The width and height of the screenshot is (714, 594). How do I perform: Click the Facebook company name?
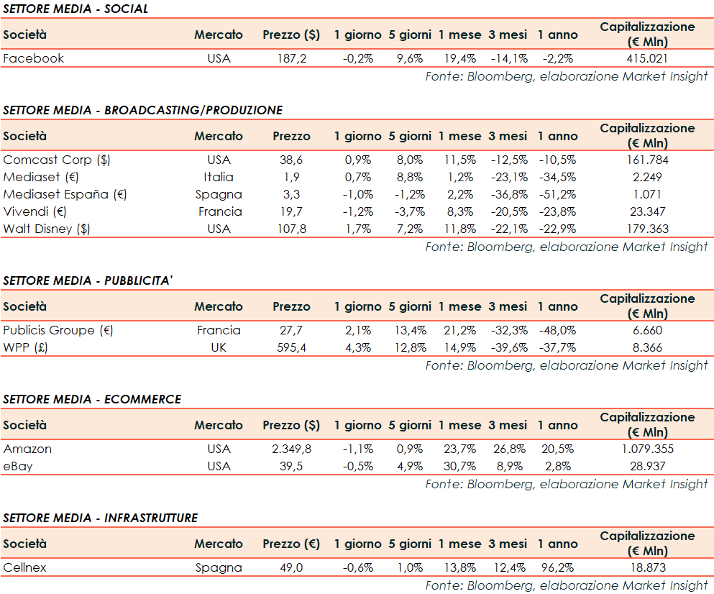click(34, 59)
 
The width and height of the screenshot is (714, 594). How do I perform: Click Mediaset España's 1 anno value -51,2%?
click(557, 194)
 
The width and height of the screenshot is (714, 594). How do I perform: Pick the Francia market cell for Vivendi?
click(219, 211)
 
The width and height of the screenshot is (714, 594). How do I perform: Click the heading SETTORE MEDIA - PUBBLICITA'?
click(88, 280)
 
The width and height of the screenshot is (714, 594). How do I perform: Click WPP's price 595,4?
click(291, 348)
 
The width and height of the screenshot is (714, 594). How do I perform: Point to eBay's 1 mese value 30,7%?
click(459, 467)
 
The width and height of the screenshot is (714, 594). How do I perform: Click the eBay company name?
click(19, 467)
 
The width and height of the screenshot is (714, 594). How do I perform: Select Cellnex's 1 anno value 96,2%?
click(557, 568)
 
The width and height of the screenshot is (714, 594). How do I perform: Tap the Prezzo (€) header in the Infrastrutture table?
click(291, 544)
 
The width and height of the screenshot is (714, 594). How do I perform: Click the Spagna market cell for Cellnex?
click(219, 568)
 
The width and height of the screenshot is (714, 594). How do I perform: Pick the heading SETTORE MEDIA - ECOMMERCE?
click(92, 399)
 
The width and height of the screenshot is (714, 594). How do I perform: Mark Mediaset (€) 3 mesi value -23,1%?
click(508, 177)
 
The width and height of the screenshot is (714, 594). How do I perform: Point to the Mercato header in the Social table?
click(219, 35)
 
